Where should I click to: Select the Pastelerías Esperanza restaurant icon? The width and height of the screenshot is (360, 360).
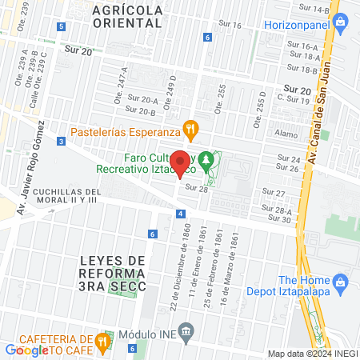pyautogui.click(x=190, y=126)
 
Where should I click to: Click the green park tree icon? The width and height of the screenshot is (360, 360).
pyautogui.click(x=207, y=162)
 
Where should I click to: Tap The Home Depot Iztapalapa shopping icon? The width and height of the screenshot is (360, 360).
pyautogui.click(x=341, y=282)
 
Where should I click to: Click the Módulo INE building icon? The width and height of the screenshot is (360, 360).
pyautogui.click(x=186, y=330)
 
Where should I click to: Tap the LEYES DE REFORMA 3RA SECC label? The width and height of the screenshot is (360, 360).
pyautogui.click(x=114, y=274)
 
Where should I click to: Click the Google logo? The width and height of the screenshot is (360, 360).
pyautogui.click(x=26, y=350)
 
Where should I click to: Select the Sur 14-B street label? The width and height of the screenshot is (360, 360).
pyautogui.click(x=315, y=9)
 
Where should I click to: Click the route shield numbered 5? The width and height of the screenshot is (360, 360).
pyautogui.click(x=62, y=26)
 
